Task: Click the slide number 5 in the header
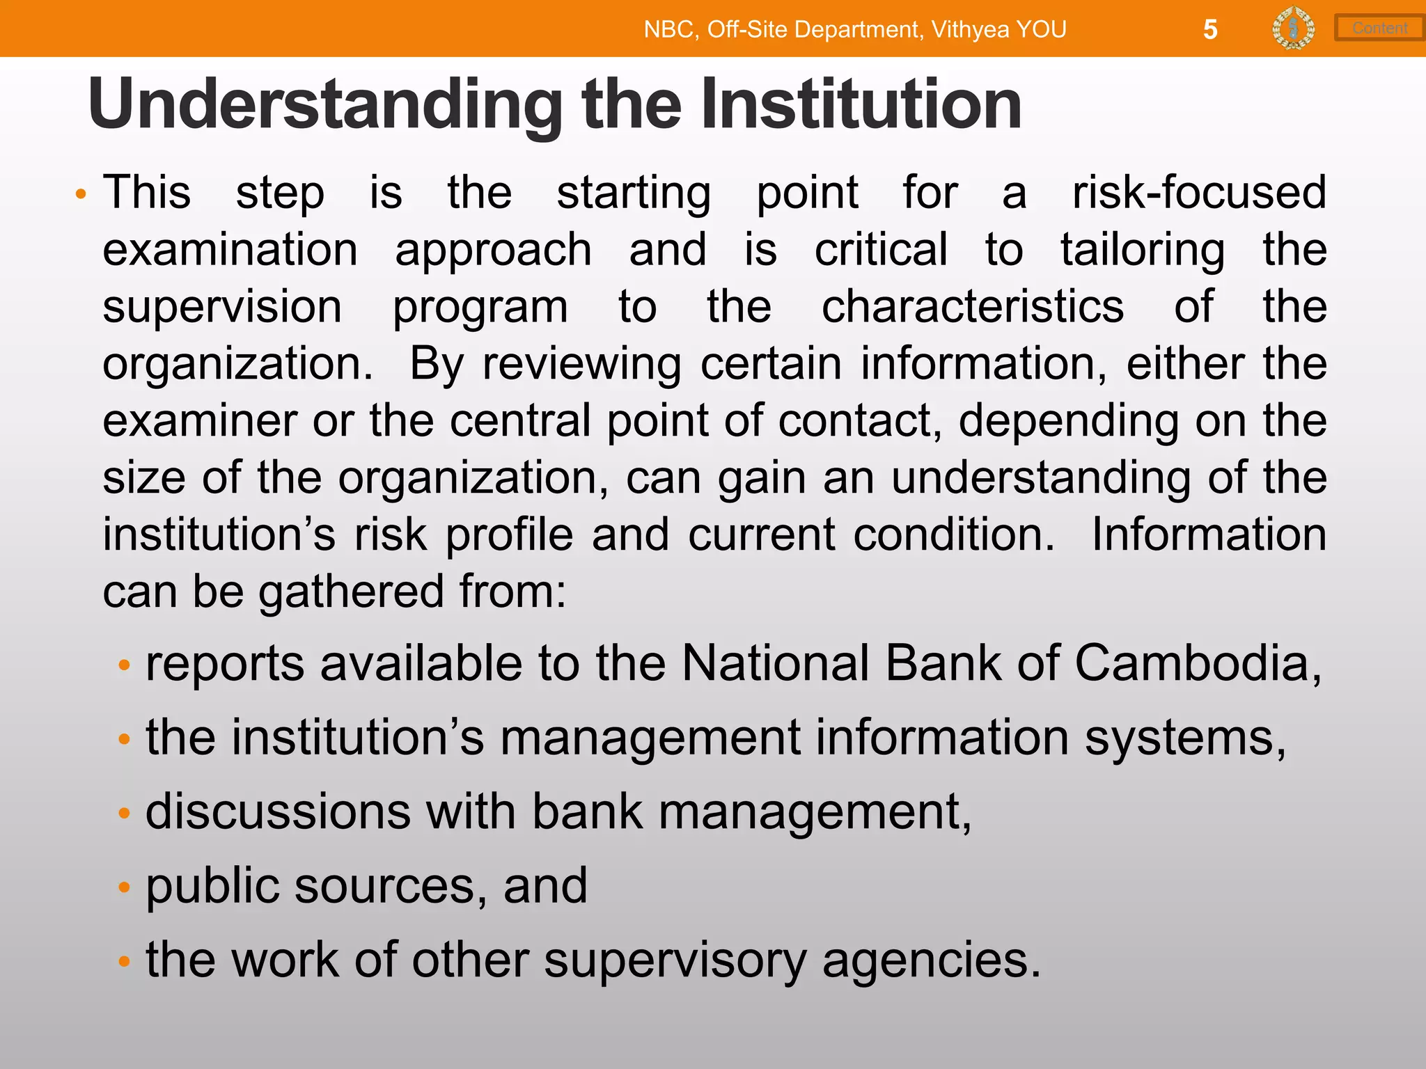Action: (x=1210, y=29)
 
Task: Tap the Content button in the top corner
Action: (x=1379, y=28)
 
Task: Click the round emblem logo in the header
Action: (x=1293, y=29)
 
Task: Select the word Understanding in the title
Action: (x=325, y=104)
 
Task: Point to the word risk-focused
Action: (x=1199, y=192)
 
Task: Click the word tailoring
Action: (x=1143, y=250)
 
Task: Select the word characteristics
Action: (x=973, y=306)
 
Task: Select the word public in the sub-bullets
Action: (x=212, y=886)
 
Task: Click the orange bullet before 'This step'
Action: (x=81, y=194)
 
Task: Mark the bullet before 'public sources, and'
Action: (x=125, y=887)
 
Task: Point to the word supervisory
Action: (x=675, y=960)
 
